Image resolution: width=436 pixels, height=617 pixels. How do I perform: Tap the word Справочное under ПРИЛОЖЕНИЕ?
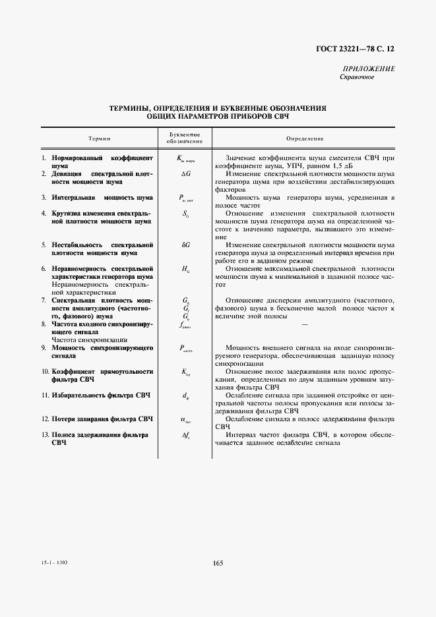click(357, 77)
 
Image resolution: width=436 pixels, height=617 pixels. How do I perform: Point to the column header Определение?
click(305, 138)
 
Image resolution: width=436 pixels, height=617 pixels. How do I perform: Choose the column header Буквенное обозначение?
click(184, 138)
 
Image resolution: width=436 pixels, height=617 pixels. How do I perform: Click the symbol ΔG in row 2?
click(185, 174)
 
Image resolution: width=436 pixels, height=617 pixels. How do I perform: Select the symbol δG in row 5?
click(185, 245)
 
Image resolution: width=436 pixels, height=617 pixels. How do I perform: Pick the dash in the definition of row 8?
click(305, 324)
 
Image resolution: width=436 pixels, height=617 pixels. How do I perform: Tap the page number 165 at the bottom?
click(218, 563)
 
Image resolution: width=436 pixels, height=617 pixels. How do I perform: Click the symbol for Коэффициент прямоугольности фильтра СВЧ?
click(185, 372)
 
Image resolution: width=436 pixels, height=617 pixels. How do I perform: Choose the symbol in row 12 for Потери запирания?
click(185, 419)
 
